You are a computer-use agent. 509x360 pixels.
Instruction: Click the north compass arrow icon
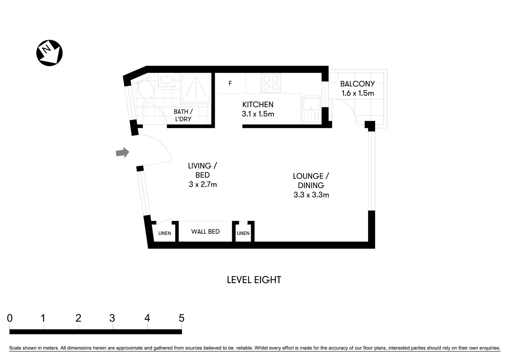(49, 53)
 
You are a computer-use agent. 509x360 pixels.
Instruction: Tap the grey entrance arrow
(122, 153)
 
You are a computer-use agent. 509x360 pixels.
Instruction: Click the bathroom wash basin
(166, 80)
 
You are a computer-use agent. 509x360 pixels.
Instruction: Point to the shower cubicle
(196, 88)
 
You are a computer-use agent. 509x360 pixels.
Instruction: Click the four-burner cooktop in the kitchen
(271, 83)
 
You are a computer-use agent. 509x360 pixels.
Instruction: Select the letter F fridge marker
(230, 83)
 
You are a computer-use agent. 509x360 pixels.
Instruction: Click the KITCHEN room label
(258, 105)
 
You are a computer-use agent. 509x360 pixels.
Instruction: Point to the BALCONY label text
(357, 84)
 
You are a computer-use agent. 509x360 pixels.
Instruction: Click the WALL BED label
(205, 232)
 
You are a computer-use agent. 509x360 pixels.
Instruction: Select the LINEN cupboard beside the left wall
(165, 233)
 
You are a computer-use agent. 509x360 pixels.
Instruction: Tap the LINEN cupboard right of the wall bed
(243, 233)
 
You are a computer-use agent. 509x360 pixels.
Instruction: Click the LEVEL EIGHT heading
(254, 280)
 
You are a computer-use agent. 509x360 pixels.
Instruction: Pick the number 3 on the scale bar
(112, 318)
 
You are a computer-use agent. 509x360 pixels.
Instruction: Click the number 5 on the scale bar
(181, 318)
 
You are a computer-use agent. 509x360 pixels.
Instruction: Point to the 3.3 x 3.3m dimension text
(311, 195)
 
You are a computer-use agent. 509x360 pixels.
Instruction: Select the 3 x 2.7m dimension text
(203, 184)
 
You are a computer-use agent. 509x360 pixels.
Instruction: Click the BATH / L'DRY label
(183, 115)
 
